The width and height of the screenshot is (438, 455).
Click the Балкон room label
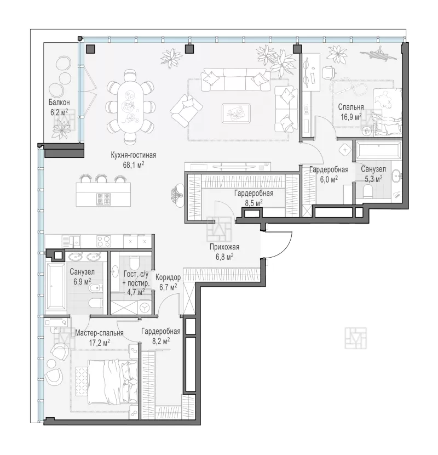tap(59, 103)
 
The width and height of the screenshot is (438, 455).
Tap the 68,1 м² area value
tap(134, 165)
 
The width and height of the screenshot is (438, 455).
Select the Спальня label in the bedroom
tap(351, 107)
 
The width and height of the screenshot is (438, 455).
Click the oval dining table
tap(130, 107)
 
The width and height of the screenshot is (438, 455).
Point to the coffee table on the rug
tap(235, 113)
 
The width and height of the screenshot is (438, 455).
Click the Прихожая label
tap(224, 247)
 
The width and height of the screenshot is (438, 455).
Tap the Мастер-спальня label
tap(99, 333)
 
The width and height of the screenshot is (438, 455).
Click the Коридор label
tap(168, 277)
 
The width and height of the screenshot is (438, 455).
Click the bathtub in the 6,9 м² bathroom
tap(56, 287)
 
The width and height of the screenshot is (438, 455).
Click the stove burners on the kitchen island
tap(104, 199)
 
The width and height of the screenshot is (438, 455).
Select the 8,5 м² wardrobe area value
tap(254, 203)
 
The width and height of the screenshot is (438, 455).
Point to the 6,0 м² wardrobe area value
tap(328, 179)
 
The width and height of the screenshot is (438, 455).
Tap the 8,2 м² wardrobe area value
tap(161, 341)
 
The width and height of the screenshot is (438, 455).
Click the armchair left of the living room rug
tap(186, 111)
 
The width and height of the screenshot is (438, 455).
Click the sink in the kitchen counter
tap(77, 241)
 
